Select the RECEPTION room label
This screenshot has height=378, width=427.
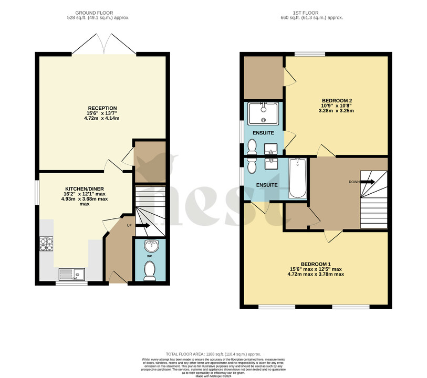click(102, 108)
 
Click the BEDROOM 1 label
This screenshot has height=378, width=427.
click(315, 264)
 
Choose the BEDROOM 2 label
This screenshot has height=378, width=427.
click(336, 101)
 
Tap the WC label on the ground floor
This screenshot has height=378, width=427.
click(149, 256)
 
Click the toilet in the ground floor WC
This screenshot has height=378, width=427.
click(150, 271)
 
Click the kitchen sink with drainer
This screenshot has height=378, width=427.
click(71, 273)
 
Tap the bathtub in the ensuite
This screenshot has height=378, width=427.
click(298, 178)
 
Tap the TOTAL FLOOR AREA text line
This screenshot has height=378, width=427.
click(213, 354)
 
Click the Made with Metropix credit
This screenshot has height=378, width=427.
click(213, 376)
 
